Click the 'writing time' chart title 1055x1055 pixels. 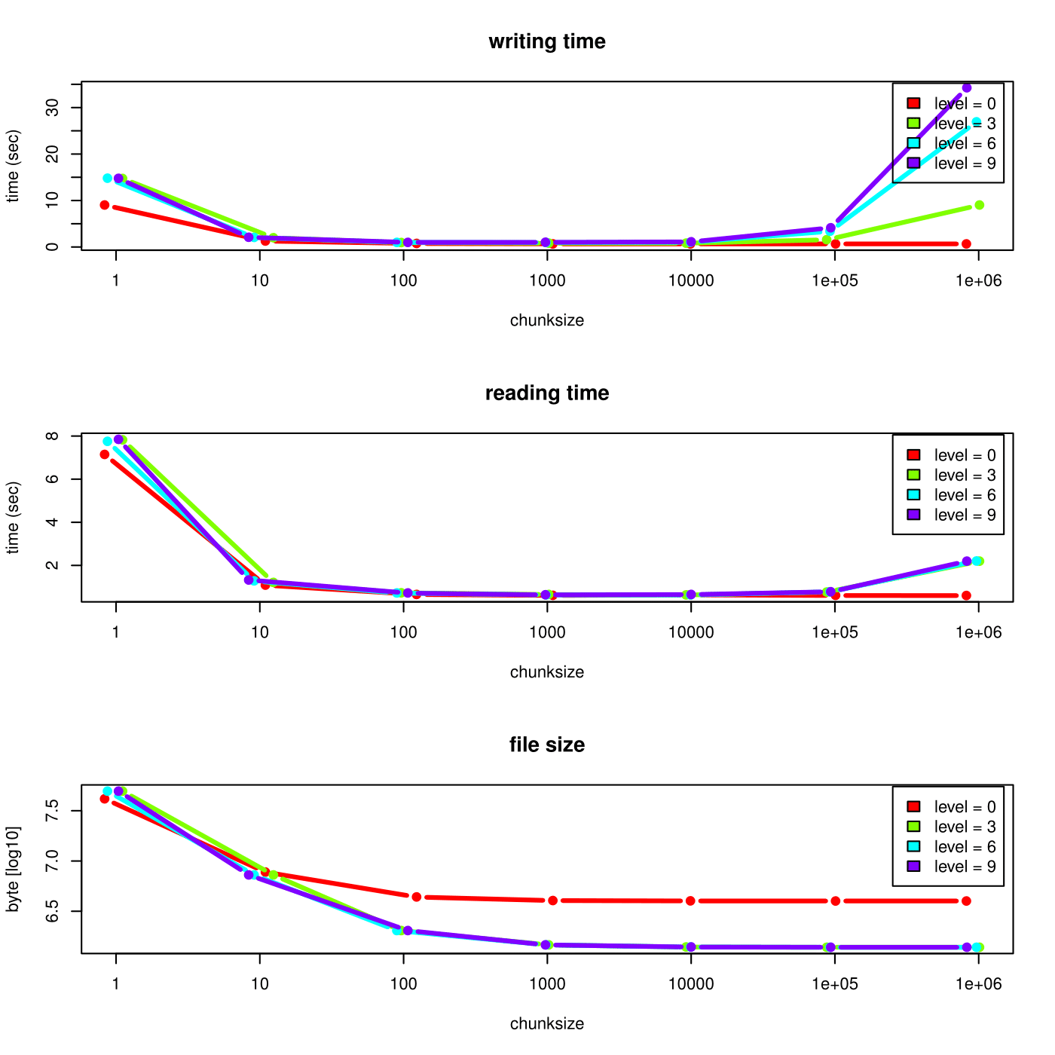[x=547, y=41]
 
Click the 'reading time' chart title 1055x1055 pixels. [x=547, y=393]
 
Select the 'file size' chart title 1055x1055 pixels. [x=547, y=745]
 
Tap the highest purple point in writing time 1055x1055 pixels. [x=967, y=88]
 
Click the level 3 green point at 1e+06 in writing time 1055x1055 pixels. [x=979, y=205]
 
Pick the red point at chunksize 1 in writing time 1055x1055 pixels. [x=105, y=205]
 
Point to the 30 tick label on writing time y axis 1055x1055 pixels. [x=52, y=108]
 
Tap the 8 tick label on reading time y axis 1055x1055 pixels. [x=52, y=436]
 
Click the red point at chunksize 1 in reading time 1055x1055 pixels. [x=105, y=454]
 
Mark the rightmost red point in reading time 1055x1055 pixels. [x=966, y=595]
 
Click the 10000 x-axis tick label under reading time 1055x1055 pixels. [x=691, y=633]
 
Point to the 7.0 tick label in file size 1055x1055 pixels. [x=52, y=861]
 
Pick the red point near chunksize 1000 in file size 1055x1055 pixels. [x=552, y=901]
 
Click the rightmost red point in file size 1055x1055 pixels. [x=966, y=901]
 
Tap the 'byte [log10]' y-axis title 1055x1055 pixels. [x=13, y=869]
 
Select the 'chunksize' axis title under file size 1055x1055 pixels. [x=547, y=1024]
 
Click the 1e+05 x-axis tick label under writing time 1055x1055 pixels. [x=835, y=281]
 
